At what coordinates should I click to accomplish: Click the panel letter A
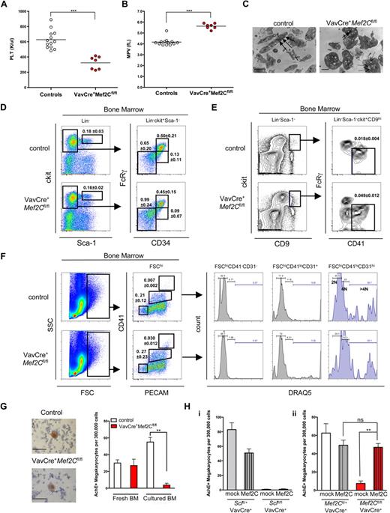[x=5, y=5]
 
